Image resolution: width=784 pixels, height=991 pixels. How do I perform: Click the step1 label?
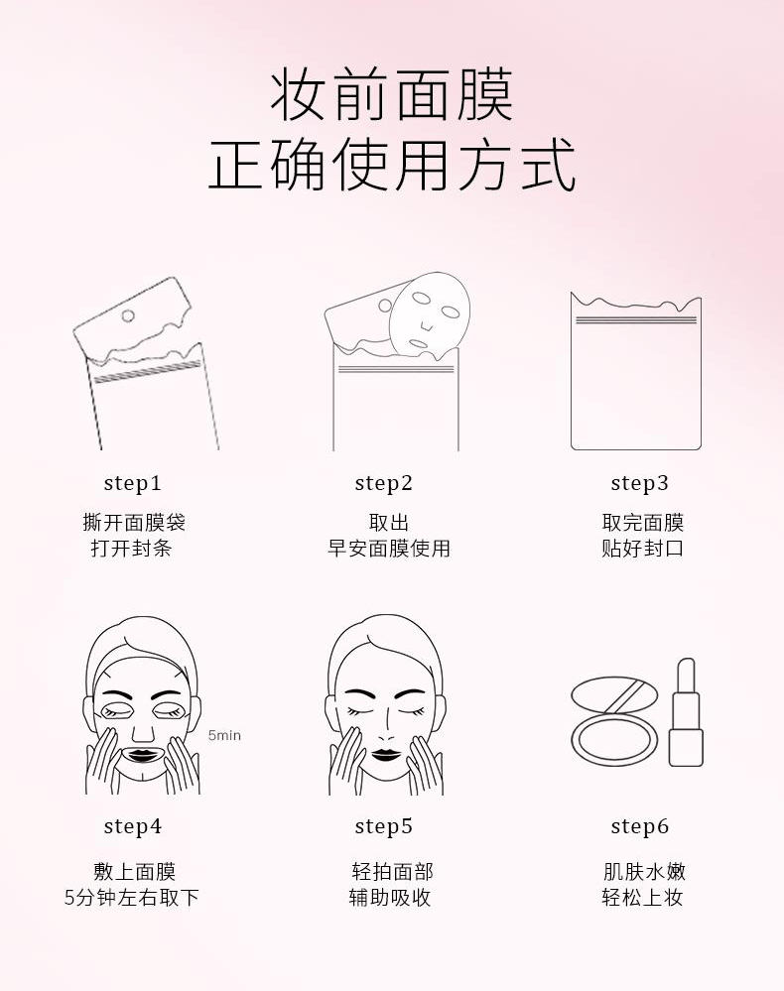click(133, 483)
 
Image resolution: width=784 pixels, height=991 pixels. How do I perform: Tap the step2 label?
click(384, 483)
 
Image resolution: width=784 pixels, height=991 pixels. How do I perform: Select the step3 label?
click(640, 483)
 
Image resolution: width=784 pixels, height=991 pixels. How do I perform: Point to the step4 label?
click(133, 826)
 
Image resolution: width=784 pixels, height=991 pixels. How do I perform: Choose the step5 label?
click(384, 826)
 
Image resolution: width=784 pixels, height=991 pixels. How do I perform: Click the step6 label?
click(640, 826)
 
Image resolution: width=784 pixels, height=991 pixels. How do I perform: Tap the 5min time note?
click(224, 735)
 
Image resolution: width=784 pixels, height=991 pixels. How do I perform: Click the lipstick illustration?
click(686, 712)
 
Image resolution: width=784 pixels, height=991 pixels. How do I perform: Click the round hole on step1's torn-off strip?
click(127, 315)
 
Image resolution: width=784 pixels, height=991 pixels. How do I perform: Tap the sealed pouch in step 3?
click(636, 372)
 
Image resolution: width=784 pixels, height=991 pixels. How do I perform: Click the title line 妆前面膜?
click(392, 96)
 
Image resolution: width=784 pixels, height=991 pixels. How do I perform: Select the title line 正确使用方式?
click(392, 165)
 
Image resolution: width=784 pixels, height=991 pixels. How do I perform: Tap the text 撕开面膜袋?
click(134, 523)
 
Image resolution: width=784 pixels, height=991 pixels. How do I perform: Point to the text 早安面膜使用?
click(389, 549)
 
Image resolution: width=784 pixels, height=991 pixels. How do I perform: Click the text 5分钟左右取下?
click(132, 898)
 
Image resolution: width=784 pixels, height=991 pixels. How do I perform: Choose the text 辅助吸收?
click(390, 898)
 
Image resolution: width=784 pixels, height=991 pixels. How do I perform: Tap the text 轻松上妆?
click(643, 898)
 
